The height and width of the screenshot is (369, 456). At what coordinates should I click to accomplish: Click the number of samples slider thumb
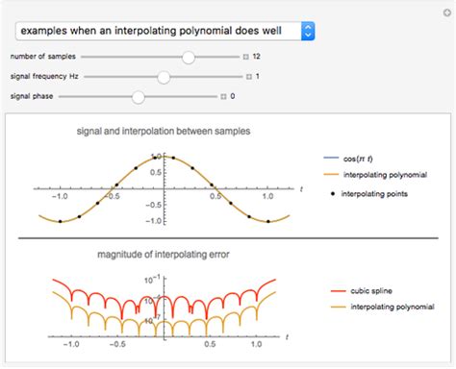click(189, 57)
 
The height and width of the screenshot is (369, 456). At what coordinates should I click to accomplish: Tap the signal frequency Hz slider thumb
click(165, 76)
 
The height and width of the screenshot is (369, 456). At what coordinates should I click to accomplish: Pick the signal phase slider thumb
click(139, 95)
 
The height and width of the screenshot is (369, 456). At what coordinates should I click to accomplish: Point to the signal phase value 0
click(233, 95)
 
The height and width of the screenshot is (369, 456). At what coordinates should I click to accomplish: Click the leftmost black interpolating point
click(61, 222)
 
